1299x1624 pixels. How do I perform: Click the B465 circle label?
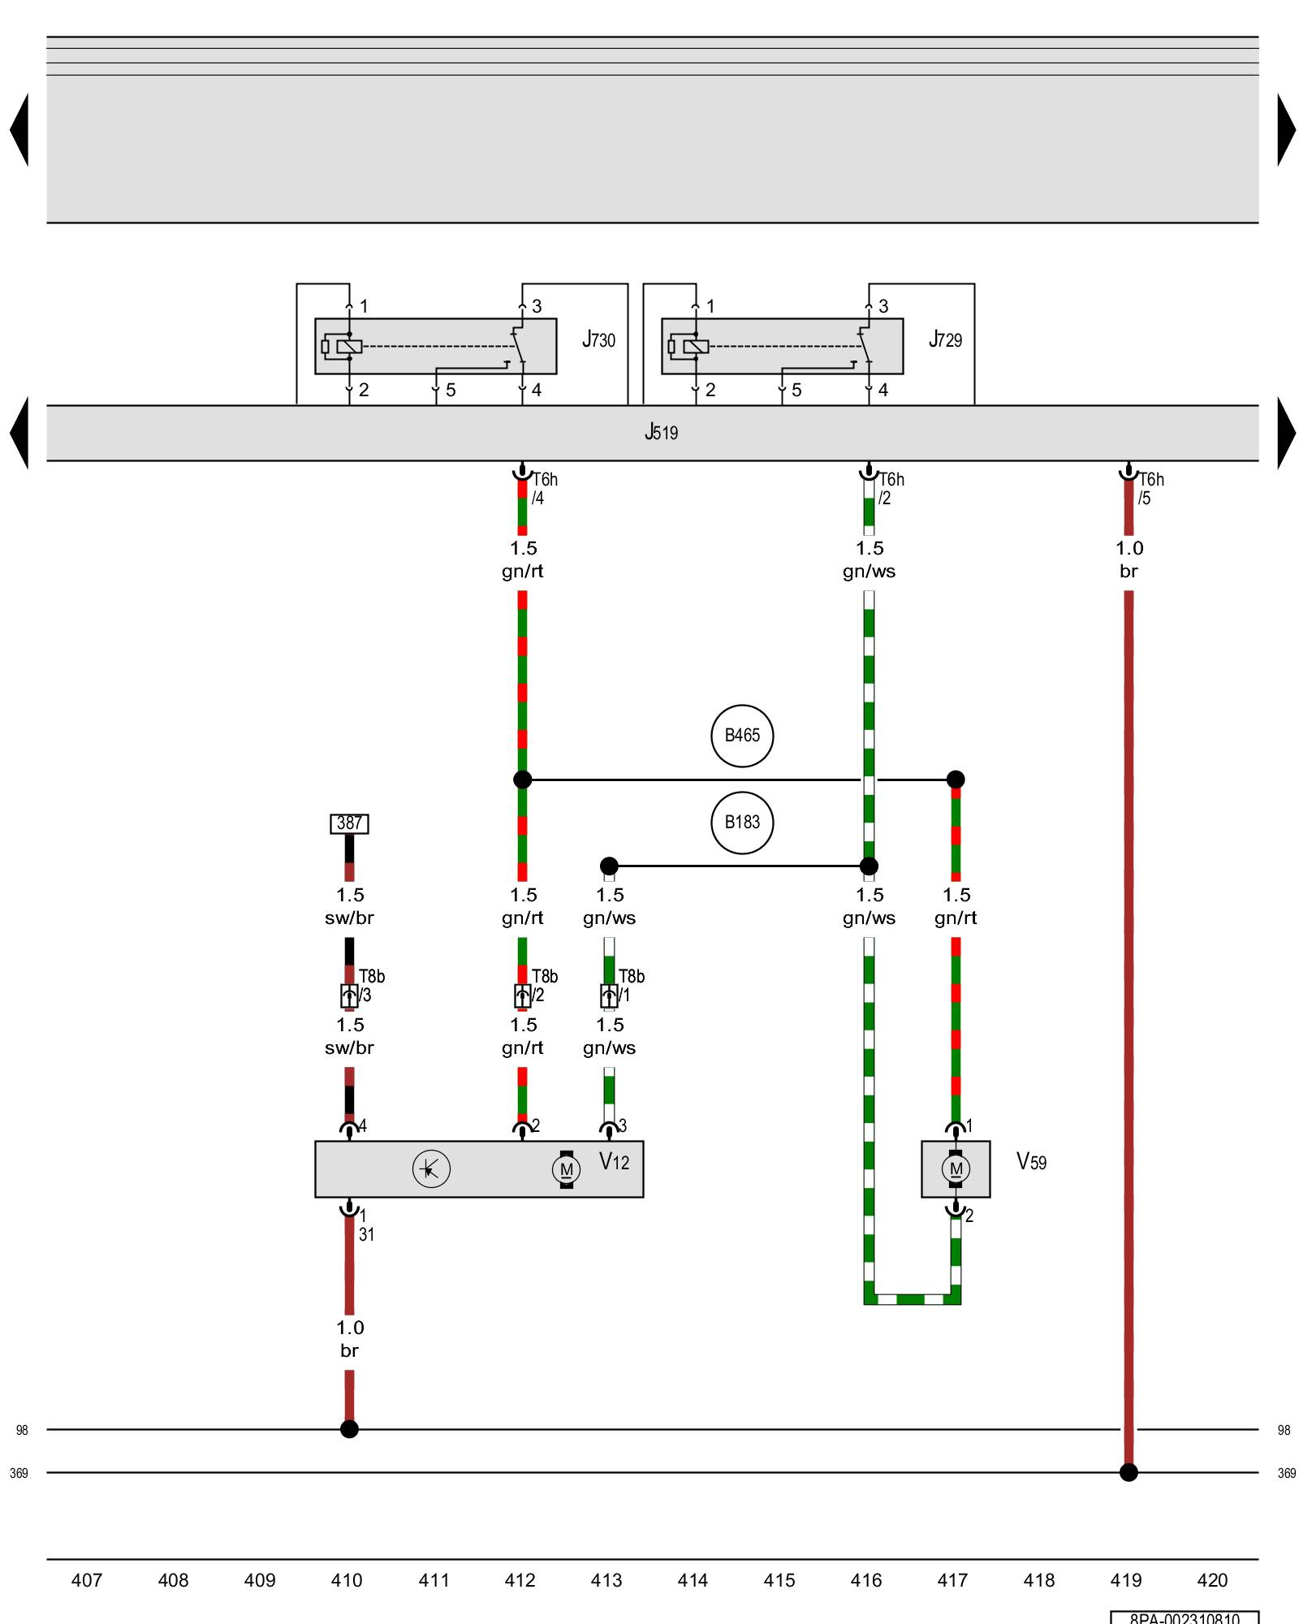[742, 736]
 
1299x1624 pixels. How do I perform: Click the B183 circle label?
[742, 823]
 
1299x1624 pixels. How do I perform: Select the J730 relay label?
[599, 340]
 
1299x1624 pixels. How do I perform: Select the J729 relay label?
[946, 340]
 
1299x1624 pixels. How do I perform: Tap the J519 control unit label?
[661, 433]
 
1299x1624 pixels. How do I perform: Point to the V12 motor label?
[615, 1162]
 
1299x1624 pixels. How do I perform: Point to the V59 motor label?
[1032, 1162]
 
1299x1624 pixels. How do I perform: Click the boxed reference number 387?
[349, 823]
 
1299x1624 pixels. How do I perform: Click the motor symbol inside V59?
[956, 1169]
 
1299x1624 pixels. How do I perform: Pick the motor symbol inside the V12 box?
[567, 1169]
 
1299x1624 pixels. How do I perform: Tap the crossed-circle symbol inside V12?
[431, 1169]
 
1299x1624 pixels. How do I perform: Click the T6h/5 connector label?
[1150, 489]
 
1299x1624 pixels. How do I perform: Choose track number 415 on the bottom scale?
[779, 1580]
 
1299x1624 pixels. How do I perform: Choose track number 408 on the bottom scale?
[173, 1580]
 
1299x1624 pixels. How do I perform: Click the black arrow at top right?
[1286, 130]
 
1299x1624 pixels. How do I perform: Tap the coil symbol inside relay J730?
[349, 347]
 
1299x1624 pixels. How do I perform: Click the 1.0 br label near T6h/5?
[1129, 559]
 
